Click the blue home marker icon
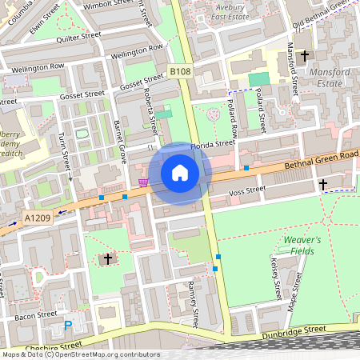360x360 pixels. coord(180,173)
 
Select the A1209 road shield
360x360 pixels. coord(36,217)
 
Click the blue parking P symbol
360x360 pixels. coord(68,326)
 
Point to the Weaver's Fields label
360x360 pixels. coord(302,246)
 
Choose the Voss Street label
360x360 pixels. coord(246,190)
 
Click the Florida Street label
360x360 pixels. coord(213,145)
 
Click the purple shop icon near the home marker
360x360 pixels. coord(143,182)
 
